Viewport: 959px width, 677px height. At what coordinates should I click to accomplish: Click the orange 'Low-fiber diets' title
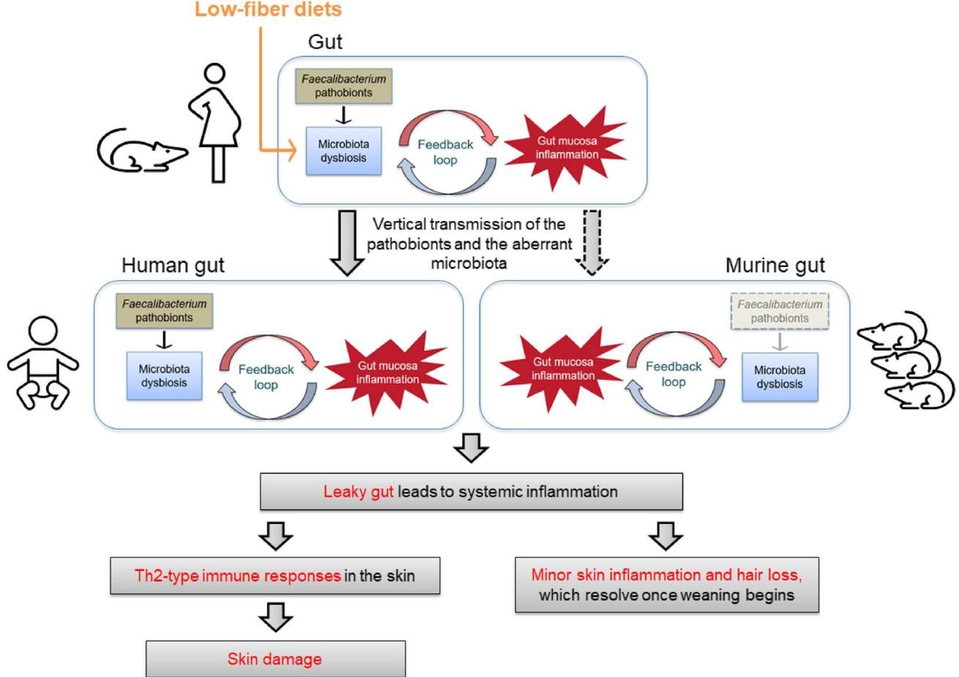click(268, 10)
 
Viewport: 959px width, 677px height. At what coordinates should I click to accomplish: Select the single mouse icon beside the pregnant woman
click(141, 151)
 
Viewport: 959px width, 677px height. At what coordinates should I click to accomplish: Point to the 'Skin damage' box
click(275, 659)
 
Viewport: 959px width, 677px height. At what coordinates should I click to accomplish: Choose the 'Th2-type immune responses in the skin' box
click(275, 575)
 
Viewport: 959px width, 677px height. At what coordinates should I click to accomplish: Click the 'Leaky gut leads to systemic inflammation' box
click(471, 491)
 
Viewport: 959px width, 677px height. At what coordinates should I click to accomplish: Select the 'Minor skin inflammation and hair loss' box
click(666, 584)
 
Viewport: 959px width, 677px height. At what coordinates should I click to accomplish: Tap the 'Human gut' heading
click(173, 265)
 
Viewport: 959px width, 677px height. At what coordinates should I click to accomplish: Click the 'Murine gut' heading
click(775, 266)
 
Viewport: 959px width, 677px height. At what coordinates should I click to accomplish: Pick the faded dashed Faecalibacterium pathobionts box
click(780, 311)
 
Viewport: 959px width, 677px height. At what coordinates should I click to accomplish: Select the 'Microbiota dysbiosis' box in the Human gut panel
click(164, 376)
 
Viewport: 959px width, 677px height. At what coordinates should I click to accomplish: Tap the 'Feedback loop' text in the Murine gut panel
click(674, 373)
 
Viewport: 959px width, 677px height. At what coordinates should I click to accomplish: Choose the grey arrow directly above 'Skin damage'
click(276, 618)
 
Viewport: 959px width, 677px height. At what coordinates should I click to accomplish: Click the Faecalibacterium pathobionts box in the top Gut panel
click(344, 86)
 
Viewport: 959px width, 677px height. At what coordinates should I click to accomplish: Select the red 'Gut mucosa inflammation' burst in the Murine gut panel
click(563, 369)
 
